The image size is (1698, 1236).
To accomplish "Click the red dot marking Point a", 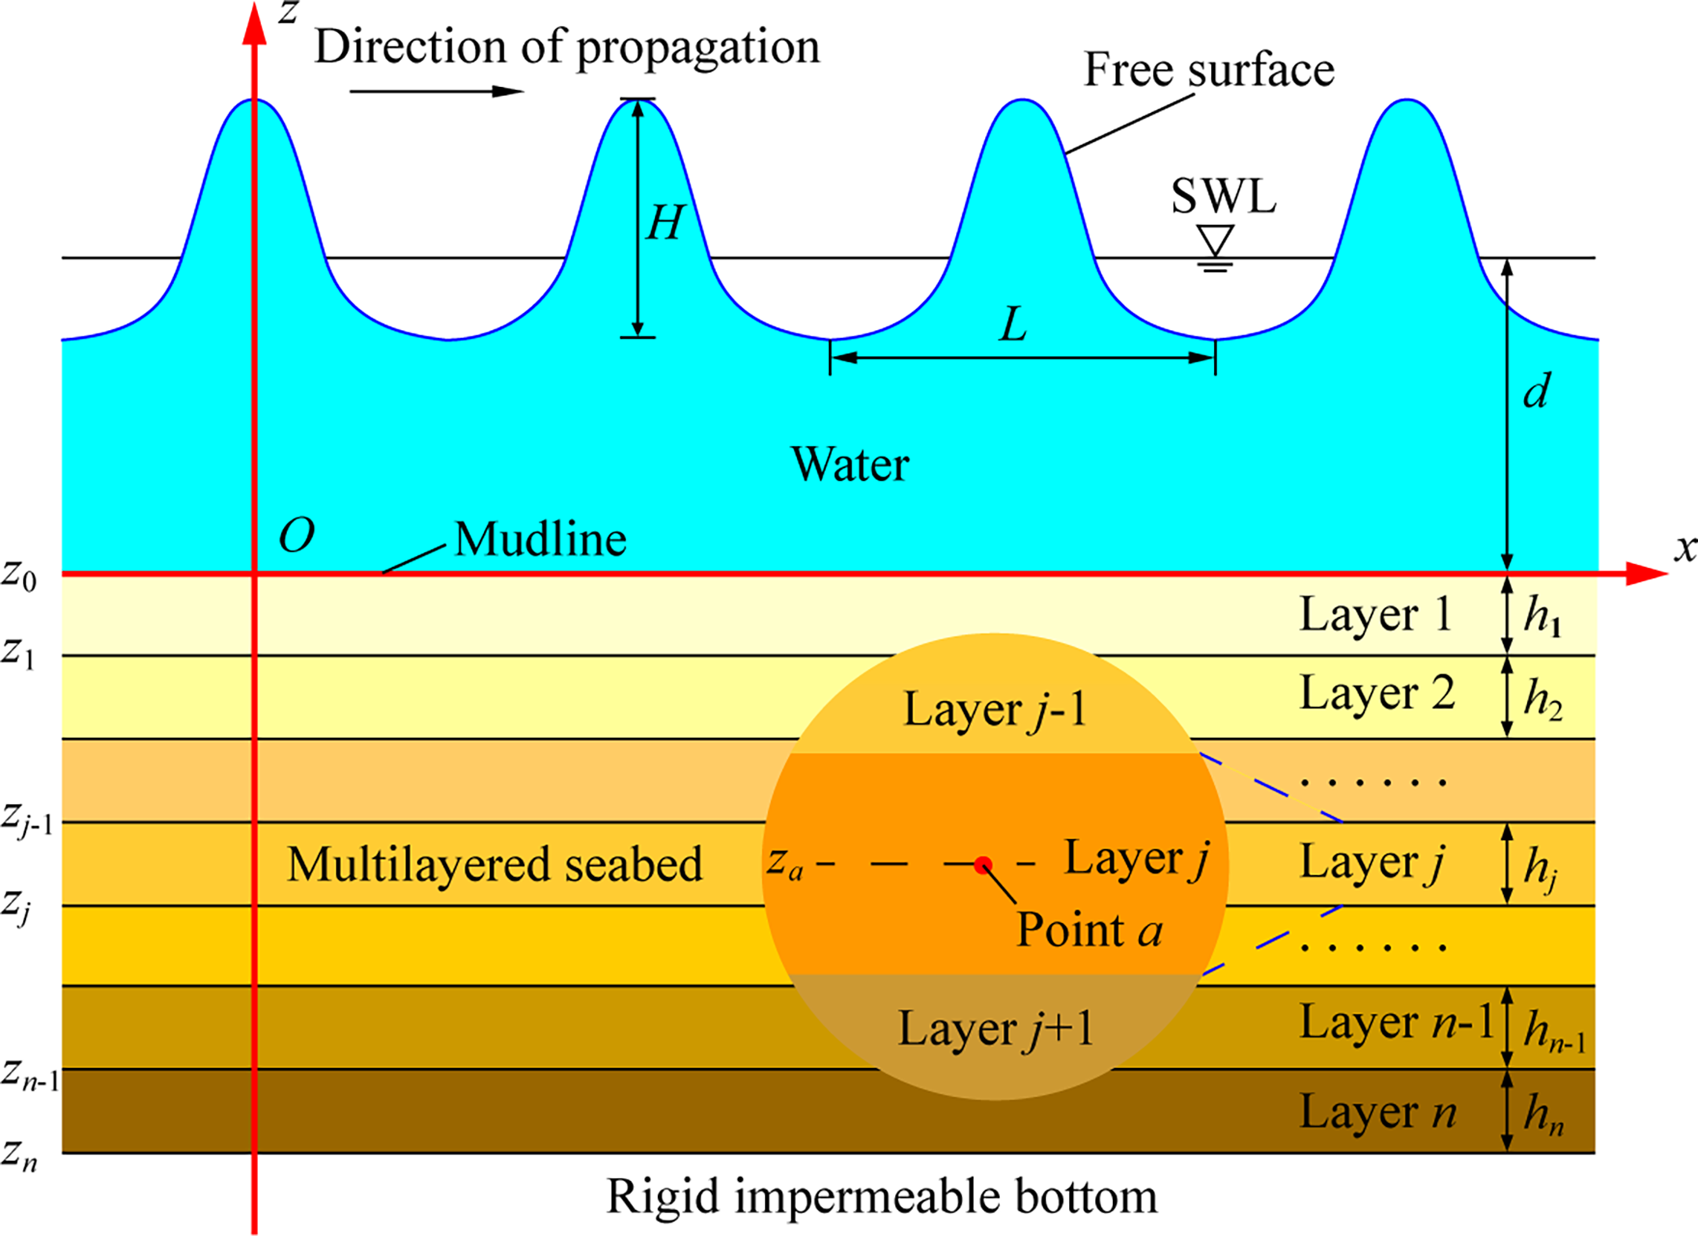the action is point(983,865).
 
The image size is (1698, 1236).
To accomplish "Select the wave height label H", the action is point(665,224).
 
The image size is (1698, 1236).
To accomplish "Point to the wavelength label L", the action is point(1013,325).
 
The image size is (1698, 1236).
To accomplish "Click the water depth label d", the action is point(1536,391).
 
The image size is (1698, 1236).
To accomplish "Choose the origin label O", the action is point(296,536).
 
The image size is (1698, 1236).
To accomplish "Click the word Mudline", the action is point(540,540).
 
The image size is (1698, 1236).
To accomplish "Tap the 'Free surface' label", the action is point(1209,71).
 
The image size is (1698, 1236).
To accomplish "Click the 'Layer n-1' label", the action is point(1396,1023).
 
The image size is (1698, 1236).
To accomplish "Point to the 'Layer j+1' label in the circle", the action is point(995,1029).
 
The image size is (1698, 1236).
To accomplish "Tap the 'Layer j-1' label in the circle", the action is point(994,711).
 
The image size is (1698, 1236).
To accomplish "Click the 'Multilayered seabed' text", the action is point(494,864).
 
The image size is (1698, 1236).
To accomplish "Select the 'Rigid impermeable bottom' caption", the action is point(882,1197).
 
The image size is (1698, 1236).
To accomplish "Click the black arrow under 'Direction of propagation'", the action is point(436,92).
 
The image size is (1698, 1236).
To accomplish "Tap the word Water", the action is point(850,464).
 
